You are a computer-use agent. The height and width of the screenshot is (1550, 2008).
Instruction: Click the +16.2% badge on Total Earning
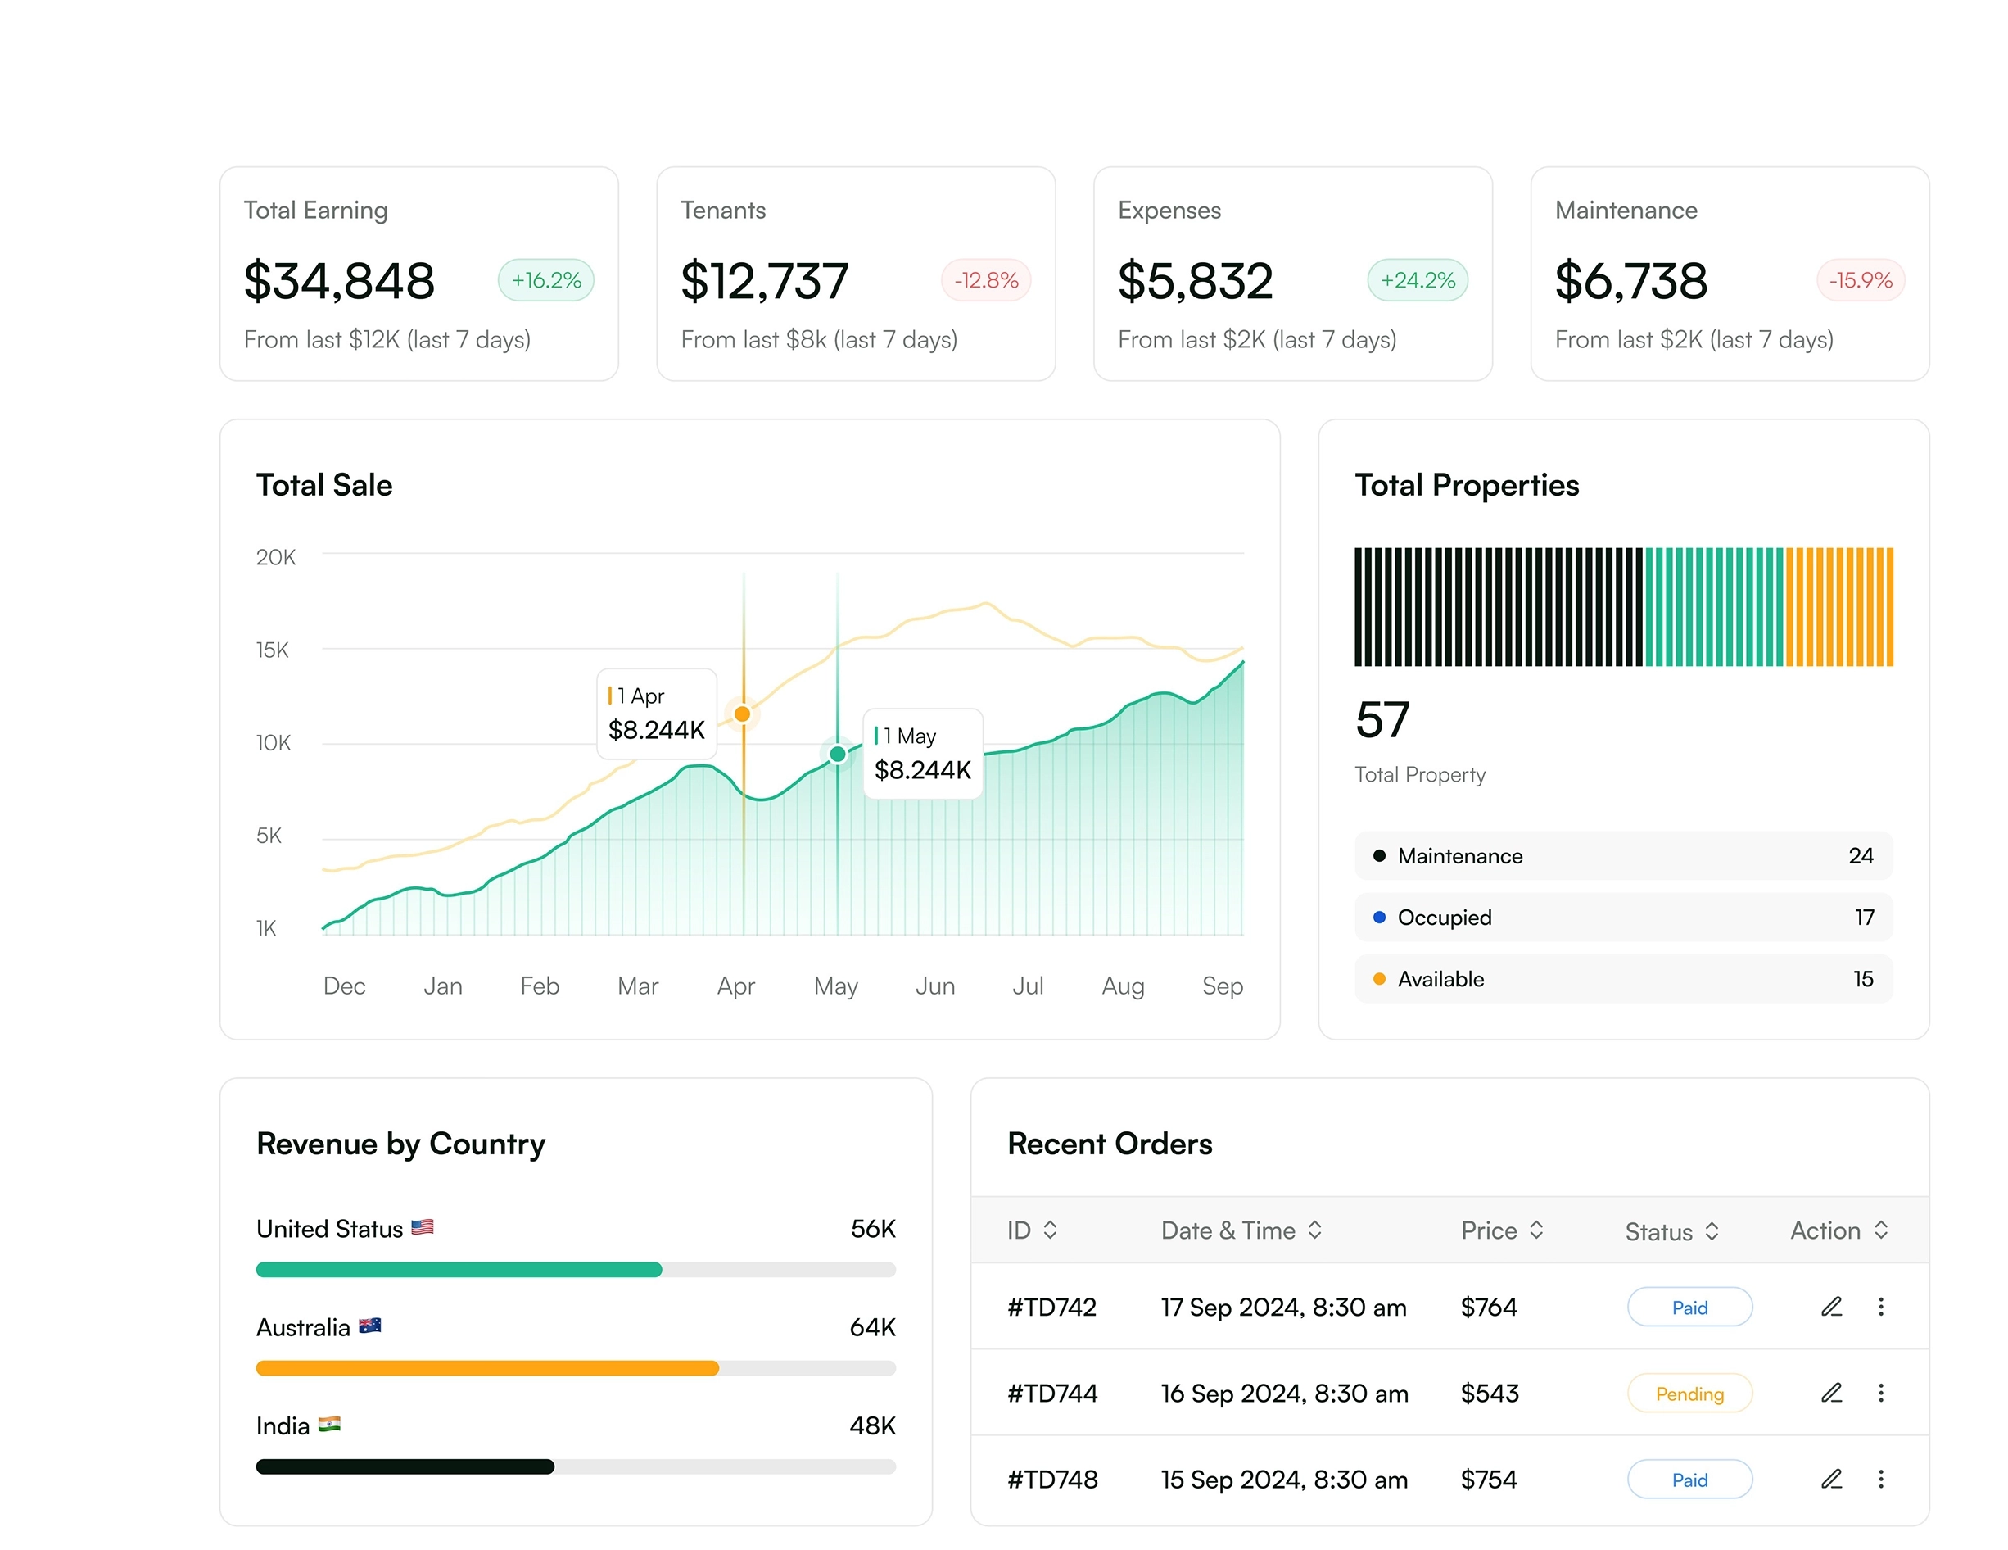pos(546,280)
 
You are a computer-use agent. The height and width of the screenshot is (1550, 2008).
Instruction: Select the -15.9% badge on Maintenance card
pos(1860,280)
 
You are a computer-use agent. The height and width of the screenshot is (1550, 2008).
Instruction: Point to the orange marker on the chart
pos(743,714)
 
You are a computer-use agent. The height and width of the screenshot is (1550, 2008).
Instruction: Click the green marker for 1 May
pos(838,755)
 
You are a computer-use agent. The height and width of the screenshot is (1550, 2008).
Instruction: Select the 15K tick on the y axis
pos(272,650)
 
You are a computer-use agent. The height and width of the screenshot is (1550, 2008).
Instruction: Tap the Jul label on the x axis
pos(1028,986)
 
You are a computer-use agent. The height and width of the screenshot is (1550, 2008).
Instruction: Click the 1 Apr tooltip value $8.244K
pos(657,731)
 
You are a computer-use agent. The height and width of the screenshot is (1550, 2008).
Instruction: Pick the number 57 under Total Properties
pos(1382,720)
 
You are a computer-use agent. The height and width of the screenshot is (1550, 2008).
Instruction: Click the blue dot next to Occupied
pos(1379,917)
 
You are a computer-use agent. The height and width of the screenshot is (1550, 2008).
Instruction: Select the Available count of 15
pos(1863,979)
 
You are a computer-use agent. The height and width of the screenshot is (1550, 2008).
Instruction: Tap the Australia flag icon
pos(369,1326)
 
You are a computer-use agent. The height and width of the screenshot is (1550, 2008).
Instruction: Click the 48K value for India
pos(871,1425)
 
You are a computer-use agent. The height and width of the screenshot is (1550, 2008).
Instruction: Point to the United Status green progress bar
pos(459,1271)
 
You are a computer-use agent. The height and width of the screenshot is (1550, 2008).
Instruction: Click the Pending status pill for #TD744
pos(1689,1394)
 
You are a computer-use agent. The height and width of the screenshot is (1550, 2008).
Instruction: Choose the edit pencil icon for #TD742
pos(1831,1308)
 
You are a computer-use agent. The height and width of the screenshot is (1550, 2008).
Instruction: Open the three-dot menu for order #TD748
pos(1881,1480)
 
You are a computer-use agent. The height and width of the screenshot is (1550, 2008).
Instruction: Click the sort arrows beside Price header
pos(1536,1230)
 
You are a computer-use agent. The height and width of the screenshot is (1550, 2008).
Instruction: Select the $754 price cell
pos(1489,1480)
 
